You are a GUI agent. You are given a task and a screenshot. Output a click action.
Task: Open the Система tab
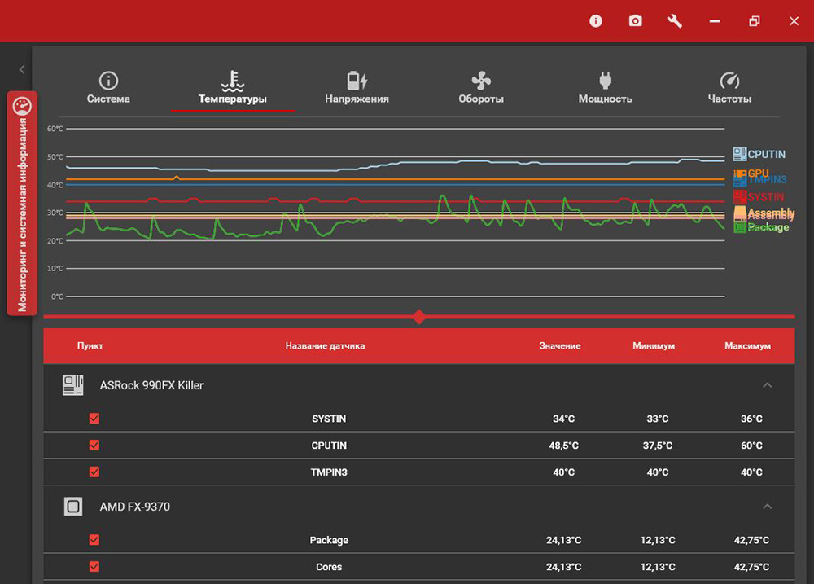coord(108,89)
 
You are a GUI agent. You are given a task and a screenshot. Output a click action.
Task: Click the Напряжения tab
coord(357,89)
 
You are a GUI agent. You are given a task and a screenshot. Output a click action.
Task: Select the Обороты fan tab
coord(480,89)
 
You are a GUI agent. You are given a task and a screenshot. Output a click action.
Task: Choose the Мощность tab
coord(605,89)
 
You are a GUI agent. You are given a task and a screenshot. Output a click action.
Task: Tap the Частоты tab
coord(729,89)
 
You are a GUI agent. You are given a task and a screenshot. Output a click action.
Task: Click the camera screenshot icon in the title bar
coord(635,21)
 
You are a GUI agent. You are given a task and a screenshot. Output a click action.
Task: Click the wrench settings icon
coord(675,21)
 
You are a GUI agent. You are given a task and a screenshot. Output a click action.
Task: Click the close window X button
coord(794,21)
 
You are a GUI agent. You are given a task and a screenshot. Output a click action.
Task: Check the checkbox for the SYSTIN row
coord(94,419)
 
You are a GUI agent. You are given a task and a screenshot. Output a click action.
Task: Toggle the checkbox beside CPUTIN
coord(94,446)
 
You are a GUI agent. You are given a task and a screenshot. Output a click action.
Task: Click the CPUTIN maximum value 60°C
coord(747,446)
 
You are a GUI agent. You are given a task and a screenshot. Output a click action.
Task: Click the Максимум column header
coord(747,346)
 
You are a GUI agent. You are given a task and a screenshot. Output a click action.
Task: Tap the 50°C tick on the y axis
coord(55,156)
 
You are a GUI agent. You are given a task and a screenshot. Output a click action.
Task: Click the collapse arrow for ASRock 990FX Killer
coord(767,385)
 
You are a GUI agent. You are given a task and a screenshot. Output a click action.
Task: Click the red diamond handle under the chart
coord(419,316)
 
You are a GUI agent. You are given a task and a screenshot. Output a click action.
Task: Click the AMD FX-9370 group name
coord(135,507)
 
